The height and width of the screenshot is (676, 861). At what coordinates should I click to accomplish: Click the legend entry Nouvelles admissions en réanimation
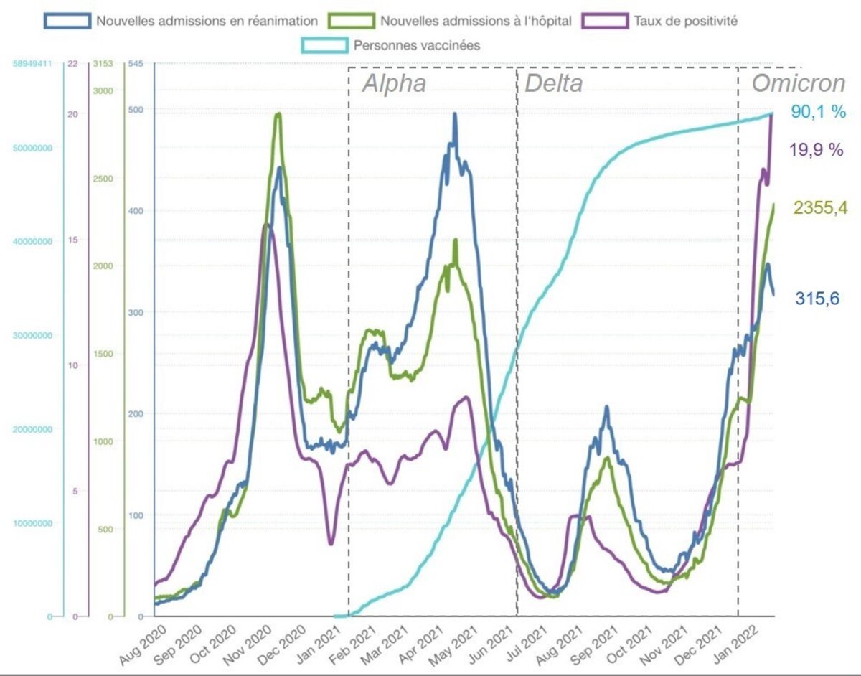(x=194, y=21)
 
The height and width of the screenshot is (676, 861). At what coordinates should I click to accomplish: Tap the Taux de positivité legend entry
(x=685, y=21)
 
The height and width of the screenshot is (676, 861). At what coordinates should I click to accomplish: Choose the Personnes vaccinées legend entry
(x=417, y=45)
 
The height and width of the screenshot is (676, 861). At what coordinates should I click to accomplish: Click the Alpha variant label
(x=394, y=83)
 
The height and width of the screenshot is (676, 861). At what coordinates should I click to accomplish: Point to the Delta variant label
(x=553, y=83)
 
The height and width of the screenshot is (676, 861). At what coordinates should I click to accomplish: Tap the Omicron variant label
(x=798, y=83)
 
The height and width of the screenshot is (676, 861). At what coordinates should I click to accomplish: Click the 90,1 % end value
(x=819, y=112)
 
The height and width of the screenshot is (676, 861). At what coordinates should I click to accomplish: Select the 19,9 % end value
(x=817, y=150)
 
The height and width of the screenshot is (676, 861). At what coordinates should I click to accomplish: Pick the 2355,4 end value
(x=821, y=208)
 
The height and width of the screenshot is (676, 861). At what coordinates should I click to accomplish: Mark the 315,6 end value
(x=817, y=299)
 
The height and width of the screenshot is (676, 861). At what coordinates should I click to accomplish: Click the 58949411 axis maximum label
(x=32, y=64)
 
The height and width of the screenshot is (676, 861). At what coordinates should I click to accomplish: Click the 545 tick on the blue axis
(x=136, y=64)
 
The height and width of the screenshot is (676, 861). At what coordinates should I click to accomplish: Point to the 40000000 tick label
(x=32, y=241)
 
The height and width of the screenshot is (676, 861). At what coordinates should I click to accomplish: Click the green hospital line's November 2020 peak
(x=278, y=114)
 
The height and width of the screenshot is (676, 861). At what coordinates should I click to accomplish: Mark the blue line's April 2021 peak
(x=454, y=114)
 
